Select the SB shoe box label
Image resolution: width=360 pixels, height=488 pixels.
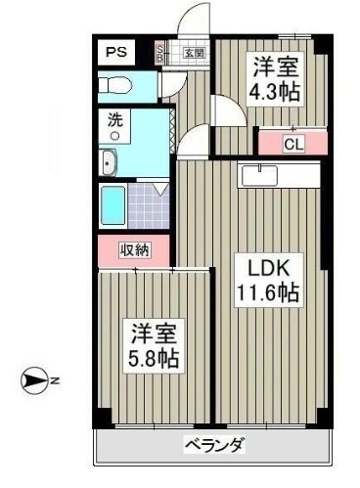162,53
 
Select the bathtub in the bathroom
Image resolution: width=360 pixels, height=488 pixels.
112,204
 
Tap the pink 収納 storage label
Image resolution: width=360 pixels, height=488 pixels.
136,250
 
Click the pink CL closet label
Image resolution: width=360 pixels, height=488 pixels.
292,144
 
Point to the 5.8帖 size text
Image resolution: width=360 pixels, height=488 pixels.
155,358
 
